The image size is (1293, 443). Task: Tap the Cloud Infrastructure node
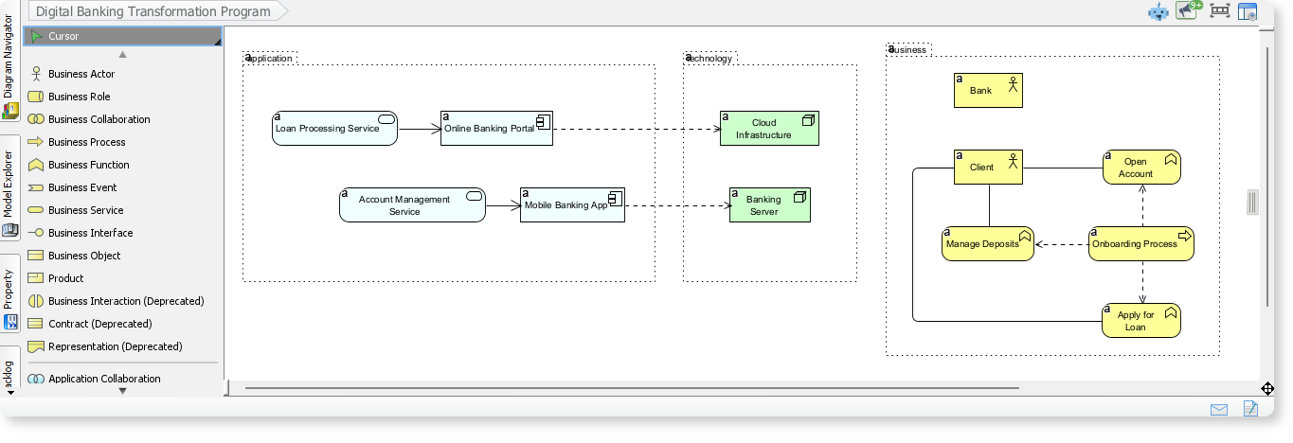768,129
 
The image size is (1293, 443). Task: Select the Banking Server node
769,205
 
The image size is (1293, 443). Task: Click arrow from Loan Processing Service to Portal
419,129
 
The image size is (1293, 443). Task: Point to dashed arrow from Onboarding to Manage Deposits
1061,244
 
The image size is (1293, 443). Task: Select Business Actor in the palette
81,74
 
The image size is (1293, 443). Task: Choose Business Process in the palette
86,142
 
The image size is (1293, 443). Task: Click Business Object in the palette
84,256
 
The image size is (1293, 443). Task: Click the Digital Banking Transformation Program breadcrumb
153,11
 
